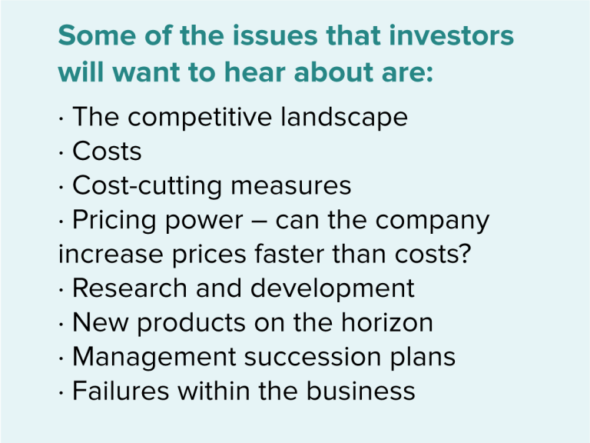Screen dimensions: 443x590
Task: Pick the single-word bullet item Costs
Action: [x=107, y=152]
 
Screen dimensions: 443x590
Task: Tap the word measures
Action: [x=291, y=185]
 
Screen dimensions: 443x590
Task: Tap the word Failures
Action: [x=119, y=391]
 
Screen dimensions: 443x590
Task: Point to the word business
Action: [x=360, y=391]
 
